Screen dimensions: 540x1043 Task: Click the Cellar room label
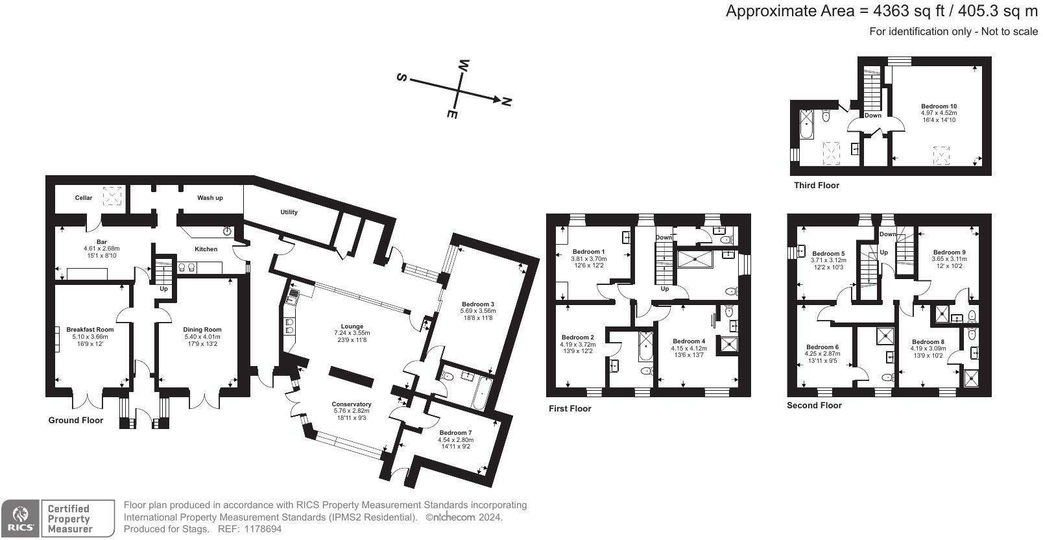coord(84,198)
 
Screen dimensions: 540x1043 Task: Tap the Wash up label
coord(210,198)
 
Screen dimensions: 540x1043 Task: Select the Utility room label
coord(289,212)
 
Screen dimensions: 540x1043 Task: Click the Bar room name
coord(102,242)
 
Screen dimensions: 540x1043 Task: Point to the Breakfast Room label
coord(90,330)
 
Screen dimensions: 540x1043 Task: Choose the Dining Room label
coord(203,330)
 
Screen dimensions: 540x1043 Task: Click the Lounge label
coord(353,326)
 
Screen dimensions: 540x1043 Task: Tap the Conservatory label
coord(352,404)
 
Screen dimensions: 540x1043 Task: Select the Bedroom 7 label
coord(455,433)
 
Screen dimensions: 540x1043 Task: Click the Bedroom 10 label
coord(939,106)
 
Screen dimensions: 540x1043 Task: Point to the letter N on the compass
coord(507,102)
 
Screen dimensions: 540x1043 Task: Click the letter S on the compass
coord(402,77)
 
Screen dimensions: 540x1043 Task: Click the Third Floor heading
coord(816,186)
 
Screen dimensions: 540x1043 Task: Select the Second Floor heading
coord(814,406)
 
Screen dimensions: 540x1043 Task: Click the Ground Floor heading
coord(76,421)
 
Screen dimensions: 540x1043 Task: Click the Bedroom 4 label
coord(689,341)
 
